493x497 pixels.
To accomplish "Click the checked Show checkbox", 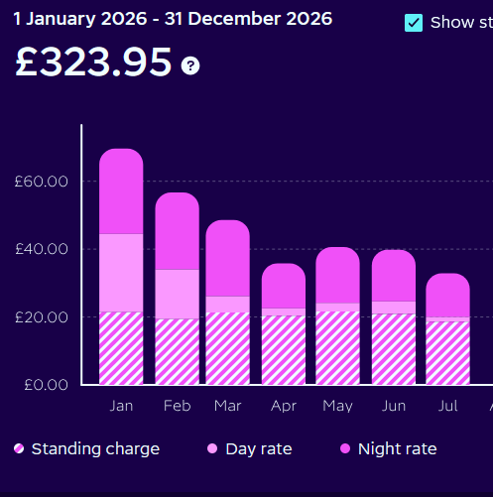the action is (x=414, y=23).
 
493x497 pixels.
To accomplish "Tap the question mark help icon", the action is (x=190, y=65).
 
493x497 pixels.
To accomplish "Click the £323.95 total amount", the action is (x=93, y=62).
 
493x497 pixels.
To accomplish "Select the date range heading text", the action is (x=173, y=19).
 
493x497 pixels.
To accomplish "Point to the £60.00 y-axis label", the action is (x=42, y=182).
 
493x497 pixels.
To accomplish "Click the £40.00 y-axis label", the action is (x=42, y=249).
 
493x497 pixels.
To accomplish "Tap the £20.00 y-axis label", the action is (x=42, y=317).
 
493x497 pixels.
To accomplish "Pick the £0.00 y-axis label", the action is (x=46, y=385).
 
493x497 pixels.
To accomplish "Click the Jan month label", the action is (x=121, y=406).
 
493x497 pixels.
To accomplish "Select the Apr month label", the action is (x=284, y=406).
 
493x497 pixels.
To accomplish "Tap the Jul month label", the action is (x=448, y=406).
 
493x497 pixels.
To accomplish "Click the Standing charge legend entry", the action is (x=86, y=448).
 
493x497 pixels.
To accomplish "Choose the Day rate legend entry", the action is (x=250, y=448).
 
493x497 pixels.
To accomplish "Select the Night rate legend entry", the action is (x=389, y=448).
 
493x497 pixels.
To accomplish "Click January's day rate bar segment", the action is (x=121, y=273).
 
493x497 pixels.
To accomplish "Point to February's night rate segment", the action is (x=178, y=231).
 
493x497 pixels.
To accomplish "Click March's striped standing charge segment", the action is (x=228, y=348).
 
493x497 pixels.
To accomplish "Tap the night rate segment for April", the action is (x=284, y=286).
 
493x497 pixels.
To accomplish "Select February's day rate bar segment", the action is (x=178, y=294).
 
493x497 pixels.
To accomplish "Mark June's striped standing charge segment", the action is (x=394, y=349).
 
